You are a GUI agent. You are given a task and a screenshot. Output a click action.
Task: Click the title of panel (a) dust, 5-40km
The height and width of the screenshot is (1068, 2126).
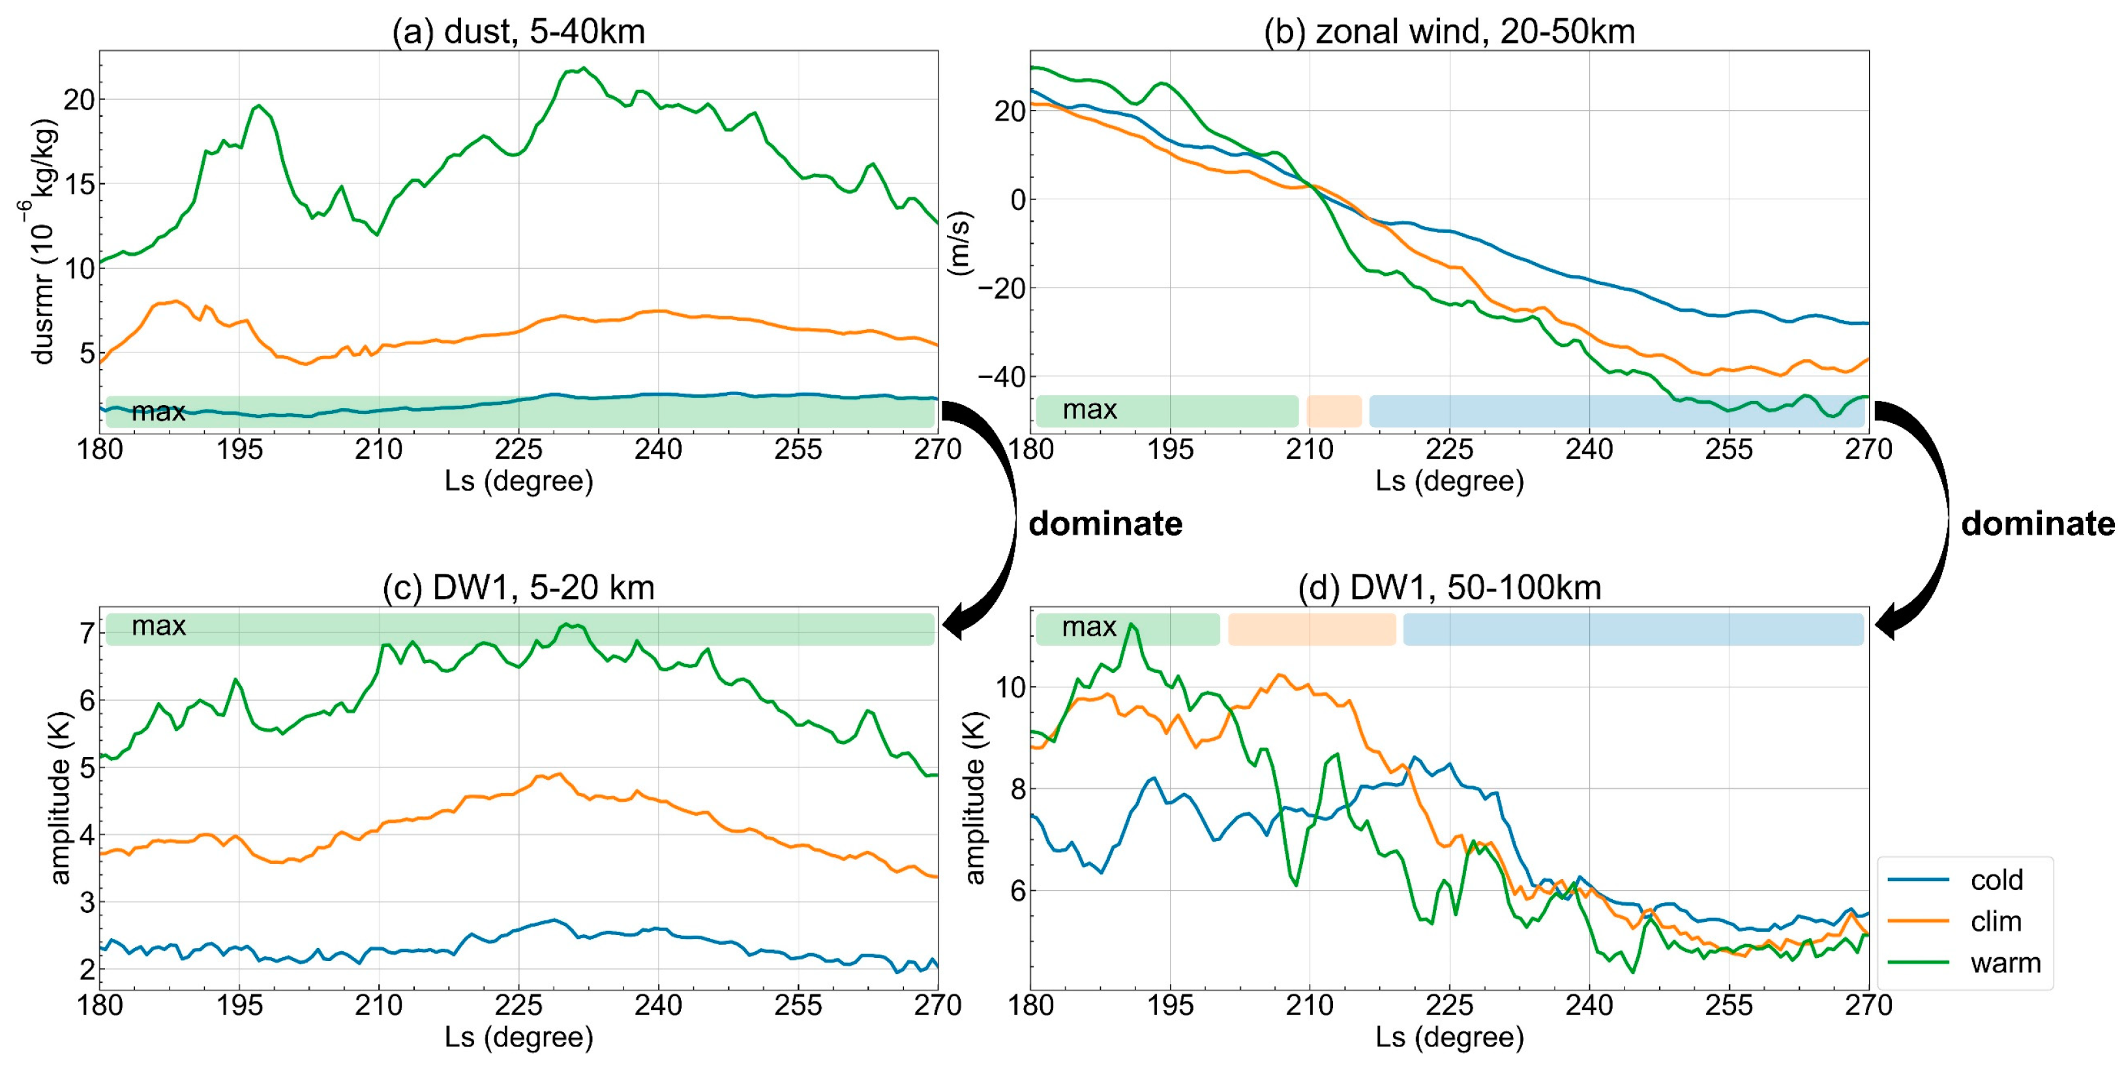518,31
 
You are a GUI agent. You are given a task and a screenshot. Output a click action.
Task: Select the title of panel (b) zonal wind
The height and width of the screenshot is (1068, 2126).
1449,31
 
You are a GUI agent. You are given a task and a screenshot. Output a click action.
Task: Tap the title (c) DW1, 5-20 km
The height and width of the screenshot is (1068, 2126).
518,587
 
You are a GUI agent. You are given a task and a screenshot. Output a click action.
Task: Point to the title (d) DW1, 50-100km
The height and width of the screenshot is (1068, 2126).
1449,587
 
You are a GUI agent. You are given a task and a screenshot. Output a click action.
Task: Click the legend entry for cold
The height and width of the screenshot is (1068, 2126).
1996,880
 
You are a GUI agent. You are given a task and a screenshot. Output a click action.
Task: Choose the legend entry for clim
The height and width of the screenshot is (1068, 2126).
1996,921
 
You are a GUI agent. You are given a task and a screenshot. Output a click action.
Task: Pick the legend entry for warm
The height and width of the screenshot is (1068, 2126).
2004,962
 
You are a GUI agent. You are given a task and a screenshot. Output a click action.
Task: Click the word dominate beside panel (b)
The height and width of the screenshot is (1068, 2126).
2037,524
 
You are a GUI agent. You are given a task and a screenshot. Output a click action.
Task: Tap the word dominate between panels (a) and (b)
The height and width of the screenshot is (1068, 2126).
1105,524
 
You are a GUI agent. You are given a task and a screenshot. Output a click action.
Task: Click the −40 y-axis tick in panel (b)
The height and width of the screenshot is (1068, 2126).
1001,377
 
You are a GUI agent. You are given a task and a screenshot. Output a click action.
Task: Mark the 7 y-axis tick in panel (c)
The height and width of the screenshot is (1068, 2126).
87,633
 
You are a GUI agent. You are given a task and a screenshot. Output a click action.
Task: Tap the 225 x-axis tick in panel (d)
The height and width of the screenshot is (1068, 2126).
1449,1005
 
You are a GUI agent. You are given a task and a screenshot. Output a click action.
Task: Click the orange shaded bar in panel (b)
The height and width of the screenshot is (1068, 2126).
1334,411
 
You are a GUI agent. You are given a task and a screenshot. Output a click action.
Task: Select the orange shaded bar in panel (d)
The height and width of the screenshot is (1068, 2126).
1311,629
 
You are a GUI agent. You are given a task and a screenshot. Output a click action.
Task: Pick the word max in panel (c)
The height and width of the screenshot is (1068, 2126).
158,627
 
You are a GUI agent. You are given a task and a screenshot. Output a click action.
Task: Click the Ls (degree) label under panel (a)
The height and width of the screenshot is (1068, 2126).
518,481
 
